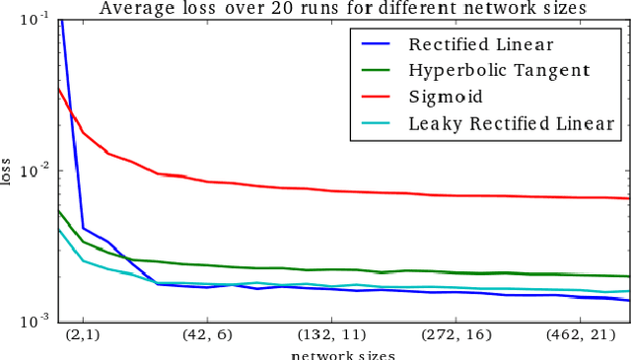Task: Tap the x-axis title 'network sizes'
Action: point(343,354)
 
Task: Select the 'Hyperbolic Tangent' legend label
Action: point(499,70)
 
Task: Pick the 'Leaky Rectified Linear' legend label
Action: point(511,123)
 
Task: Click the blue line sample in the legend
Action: point(378,44)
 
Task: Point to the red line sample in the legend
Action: point(378,97)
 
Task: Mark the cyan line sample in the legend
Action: point(378,123)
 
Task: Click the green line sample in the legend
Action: point(378,71)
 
